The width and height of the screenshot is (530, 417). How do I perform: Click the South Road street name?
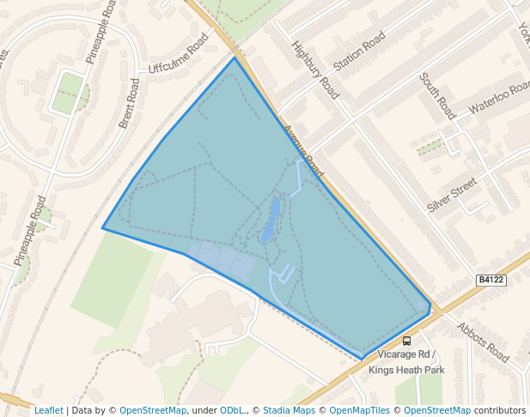pos(437,95)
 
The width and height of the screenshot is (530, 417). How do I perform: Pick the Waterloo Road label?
pos(500,100)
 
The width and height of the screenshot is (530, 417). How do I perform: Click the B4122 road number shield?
pos(490,280)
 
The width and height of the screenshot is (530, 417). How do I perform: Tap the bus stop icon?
pos(406,341)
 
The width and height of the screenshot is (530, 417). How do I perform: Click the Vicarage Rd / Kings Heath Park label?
pos(406,362)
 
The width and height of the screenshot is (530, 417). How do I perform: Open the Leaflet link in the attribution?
pos(49,410)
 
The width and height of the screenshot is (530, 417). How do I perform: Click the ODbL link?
pos(232,410)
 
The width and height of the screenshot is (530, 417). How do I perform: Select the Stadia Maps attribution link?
pos(289,410)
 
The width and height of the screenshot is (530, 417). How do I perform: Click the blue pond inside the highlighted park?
pos(271,220)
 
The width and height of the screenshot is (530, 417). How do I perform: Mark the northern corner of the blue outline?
pos(234,57)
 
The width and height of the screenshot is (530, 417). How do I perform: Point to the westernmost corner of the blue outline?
pos(103,228)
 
